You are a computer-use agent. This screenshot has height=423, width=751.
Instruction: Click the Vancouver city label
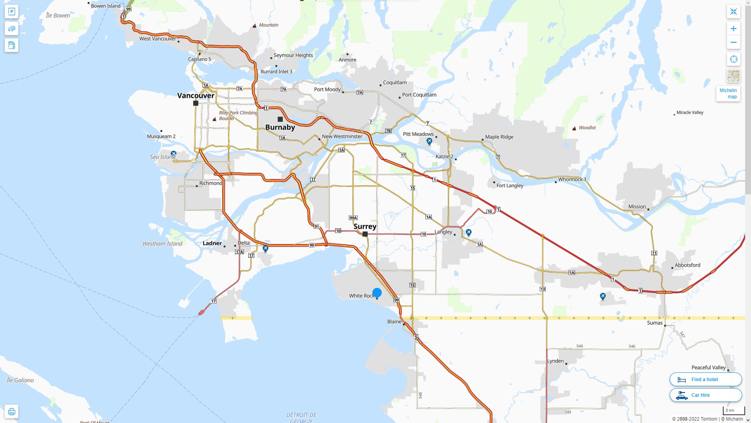(x=196, y=96)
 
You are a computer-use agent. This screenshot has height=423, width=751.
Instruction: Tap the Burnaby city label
(x=280, y=127)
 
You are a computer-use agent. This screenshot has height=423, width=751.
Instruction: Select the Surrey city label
(x=365, y=226)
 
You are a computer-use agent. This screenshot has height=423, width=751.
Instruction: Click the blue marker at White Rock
(x=377, y=293)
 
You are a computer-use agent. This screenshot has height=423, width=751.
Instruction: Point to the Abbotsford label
(x=687, y=265)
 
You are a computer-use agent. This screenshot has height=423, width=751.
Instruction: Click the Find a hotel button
(x=705, y=380)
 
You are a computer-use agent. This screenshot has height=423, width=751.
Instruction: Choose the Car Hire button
(x=705, y=395)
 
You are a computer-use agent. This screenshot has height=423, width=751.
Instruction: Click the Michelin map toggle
(x=728, y=94)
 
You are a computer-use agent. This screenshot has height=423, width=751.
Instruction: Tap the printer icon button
(x=11, y=412)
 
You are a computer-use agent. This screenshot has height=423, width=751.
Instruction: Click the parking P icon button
(x=11, y=12)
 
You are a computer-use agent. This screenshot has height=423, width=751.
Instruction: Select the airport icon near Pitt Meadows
(x=429, y=141)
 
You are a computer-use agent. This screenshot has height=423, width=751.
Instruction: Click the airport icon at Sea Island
(x=173, y=154)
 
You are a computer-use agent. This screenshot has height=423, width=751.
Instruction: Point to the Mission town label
(x=637, y=207)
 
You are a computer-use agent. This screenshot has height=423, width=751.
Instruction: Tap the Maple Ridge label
(x=499, y=137)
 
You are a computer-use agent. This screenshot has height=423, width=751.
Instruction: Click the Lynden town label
(x=555, y=361)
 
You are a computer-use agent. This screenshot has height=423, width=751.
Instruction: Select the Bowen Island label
(x=106, y=6)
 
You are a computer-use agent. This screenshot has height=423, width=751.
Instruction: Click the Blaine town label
(x=394, y=322)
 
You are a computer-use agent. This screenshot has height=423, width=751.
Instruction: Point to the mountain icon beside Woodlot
(x=574, y=128)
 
